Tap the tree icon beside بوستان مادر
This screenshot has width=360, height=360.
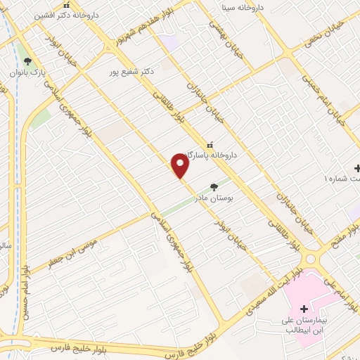(214, 187)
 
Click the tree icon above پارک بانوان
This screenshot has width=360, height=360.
(27, 60)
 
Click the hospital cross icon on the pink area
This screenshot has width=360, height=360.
(304, 309)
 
